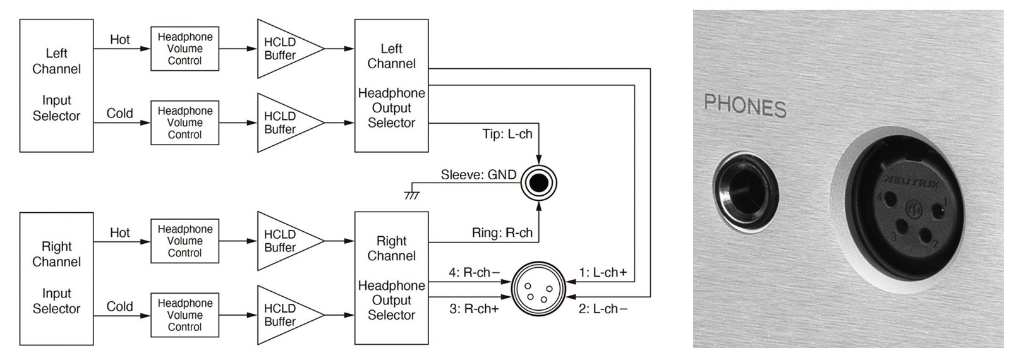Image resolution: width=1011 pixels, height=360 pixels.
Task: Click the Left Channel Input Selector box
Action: tap(56, 85)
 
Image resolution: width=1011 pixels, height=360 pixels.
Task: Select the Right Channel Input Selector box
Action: tap(56, 279)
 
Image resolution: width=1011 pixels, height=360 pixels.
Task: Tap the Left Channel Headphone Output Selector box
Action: tap(391, 85)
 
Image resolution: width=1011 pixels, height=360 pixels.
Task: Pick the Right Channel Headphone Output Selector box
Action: tap(391, 279)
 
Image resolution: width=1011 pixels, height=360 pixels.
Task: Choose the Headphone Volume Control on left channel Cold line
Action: tap(185, 123)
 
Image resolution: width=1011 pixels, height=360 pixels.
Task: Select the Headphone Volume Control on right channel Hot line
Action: tap(185, 241)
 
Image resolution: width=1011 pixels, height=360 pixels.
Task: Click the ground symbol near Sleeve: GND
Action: tap(412, 195)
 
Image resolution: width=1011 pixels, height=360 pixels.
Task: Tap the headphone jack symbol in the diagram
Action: tap(538, 183)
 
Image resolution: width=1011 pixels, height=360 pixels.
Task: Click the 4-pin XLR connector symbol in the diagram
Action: tap(538, 289)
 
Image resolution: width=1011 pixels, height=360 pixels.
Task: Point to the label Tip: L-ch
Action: tap(507, 134)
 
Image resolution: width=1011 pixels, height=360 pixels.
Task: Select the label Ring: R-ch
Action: tap(502, 233)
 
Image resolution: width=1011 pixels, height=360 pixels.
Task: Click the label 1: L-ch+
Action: tap(603, 272)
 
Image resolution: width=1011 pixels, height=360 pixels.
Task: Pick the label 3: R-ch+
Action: tap(474, 309)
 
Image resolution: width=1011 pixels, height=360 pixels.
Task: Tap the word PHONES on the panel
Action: tap(745, 106)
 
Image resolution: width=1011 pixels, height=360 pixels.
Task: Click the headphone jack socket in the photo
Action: tap(746, 192)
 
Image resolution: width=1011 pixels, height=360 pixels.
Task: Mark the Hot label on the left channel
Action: tap(119, 40)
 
